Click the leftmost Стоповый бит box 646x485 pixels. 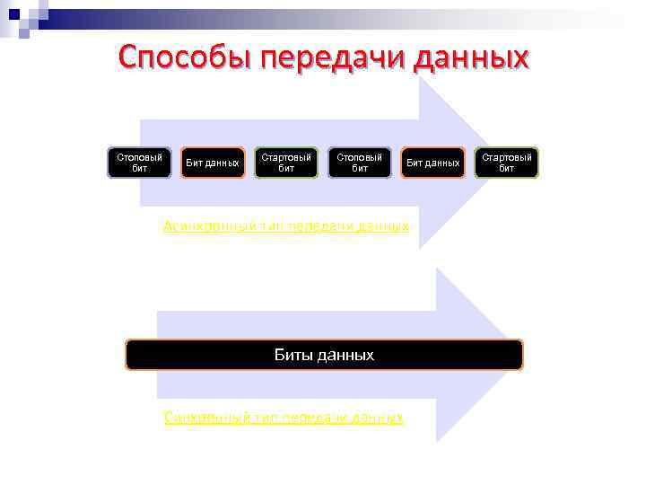point(139,163)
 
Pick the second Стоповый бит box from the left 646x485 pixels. point(360,163)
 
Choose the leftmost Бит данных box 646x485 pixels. point(213,163)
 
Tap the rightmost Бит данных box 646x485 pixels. point(433,163)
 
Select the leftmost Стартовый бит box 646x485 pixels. point(286,163)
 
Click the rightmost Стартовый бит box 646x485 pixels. point(507,163)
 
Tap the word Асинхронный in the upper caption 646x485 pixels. point(208,225)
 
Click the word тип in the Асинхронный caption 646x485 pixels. point(271,225)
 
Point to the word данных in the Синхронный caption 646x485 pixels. point(378,418)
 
